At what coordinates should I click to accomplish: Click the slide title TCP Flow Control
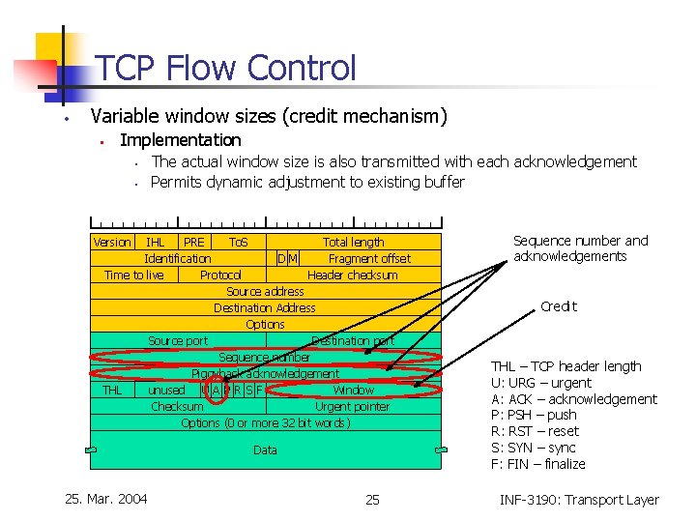point(226,68)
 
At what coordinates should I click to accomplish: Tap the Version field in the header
point(112,242)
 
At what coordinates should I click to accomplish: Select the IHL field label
point(155,242)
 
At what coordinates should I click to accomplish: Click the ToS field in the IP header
point(238,242)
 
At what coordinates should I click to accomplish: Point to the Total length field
point(353,243)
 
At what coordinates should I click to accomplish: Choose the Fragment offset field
point(369,258)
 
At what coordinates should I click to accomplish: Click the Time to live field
point(133,275)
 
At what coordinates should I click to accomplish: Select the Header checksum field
point(352,275)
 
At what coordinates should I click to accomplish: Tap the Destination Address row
point(265,307)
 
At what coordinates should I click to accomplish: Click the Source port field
point(178,340)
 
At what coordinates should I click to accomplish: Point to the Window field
point(353,390)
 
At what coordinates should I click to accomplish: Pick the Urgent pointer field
point(352,406)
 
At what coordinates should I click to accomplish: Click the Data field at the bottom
point(265,449)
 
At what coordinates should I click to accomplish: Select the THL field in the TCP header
point(112,390)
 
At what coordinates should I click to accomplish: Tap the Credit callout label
point(558,306)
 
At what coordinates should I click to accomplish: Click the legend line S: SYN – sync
point(533,448)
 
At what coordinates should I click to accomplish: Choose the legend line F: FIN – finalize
point(538,464)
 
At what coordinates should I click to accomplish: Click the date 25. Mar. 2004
point(105,499)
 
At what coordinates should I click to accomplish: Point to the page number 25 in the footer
point(372,500)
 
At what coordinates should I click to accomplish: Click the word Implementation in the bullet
point(180,140)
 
